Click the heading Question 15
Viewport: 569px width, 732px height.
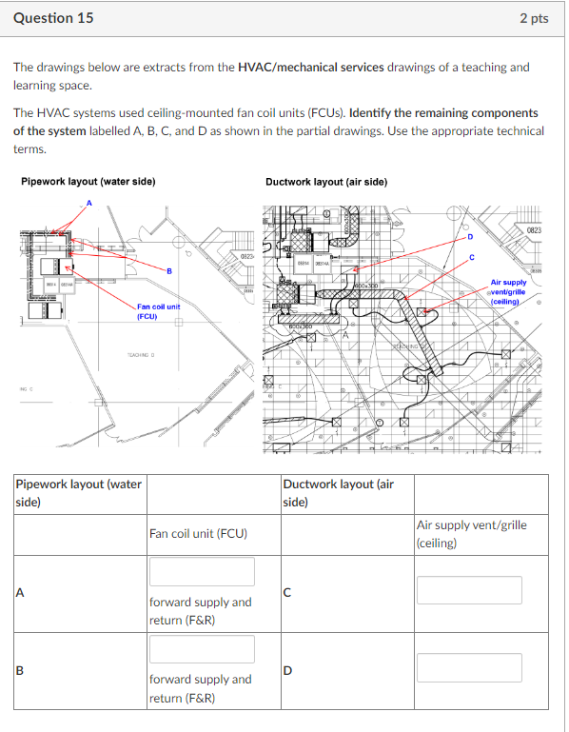click(x=53, y=18)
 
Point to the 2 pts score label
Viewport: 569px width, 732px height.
click(x=534, y=19)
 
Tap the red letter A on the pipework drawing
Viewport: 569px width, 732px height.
click(x=90, y=203)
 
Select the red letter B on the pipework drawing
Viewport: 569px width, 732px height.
click(x=168, y=271)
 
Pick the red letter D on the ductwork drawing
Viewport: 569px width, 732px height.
click(x=469, y=235)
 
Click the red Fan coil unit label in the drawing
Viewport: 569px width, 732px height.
click(x=158, y=311)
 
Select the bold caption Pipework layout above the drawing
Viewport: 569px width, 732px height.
click(x=74, y=182)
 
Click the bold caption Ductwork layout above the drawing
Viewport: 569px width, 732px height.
click(x=326, y=182)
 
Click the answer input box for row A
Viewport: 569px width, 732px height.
click(x=201, y=572)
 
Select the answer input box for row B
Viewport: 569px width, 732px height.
click(x=201, y=649)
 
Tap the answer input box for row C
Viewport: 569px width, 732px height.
click(x=469, y=590)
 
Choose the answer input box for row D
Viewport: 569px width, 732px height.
click(x=469, y=667)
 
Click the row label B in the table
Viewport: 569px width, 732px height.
click(x=20, y=668)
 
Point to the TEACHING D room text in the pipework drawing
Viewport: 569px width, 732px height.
click(x=140, y=355)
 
